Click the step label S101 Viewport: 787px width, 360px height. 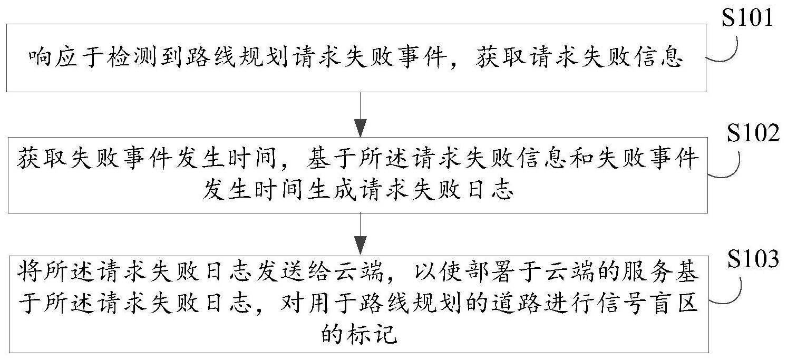coord(748,18)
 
